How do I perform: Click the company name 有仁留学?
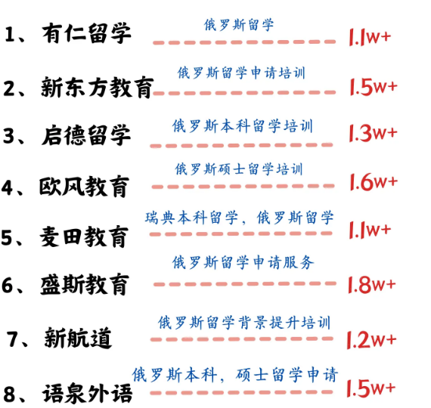tap(86, 33)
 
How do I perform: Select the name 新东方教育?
tap(97, 87)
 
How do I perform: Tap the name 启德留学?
tap(86, 135)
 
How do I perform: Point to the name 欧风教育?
tap(84, 187)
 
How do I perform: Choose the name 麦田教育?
tap(84, 236)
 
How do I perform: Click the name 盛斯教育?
tap(85, 284)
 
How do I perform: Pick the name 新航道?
tap(78, 338)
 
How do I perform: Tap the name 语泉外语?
tap(87, 393)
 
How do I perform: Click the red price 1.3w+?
tap(373, 133)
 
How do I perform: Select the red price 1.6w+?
tap(374, 181)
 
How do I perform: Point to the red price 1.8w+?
tap(371, 284)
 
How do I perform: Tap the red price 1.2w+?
tap(371, 339)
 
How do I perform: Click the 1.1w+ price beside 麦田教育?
tap(370, 230)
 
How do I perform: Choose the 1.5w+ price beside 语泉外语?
tap(371, 388)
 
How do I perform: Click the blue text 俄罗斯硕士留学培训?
tap(239, 168)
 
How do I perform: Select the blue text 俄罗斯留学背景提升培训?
tap(244, 323)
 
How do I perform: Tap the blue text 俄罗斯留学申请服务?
tap(243, 262)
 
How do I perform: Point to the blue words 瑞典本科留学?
tap(191, 218)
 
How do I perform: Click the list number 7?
tap(13, 338)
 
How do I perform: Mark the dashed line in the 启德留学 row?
tap(241, 145)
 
